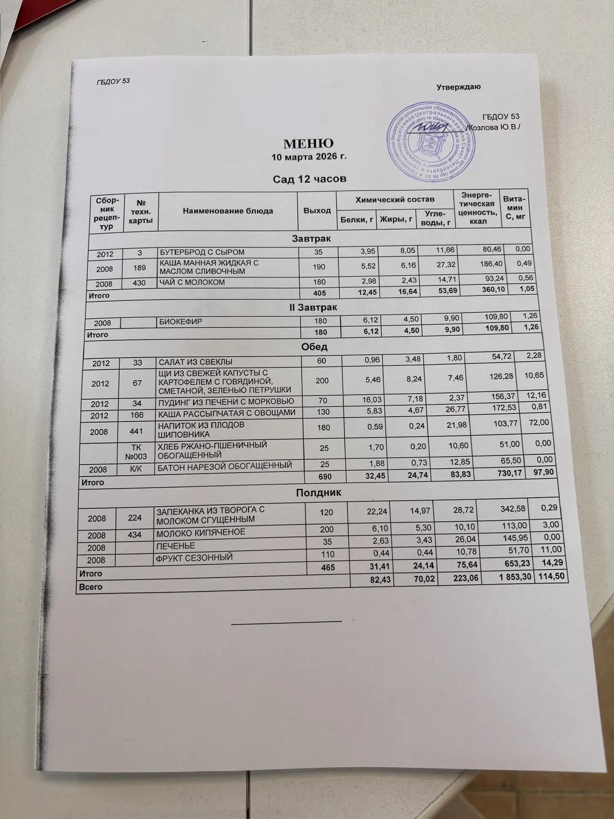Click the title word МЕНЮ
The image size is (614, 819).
[x=309, y=143]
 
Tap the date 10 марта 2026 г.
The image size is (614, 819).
[x=309, y=157]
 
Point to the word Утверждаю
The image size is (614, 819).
[x=458, y=87]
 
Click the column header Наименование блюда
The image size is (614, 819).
[x=228, y=211]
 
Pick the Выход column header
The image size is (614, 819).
[x=317, y=211]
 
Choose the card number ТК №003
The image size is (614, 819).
[x=137, y=451]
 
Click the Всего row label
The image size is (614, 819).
[x=91, y=587]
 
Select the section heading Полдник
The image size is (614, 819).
[x=319, y=493]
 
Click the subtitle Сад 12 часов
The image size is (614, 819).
[x=309, y=179]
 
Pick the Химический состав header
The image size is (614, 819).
[x=395, y=199]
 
